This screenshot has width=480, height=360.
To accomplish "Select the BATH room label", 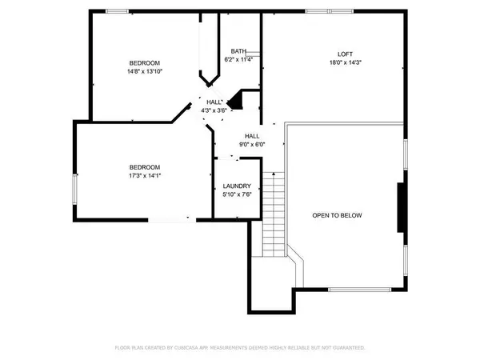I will pyautogui.click(x=238, y=50).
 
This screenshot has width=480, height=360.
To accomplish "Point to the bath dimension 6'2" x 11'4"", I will pyautogui.click(x=238, y=58).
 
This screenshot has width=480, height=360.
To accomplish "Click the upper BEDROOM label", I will pyautogui.click(x=145, y=63).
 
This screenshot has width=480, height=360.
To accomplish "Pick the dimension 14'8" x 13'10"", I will pyautogui.click(x=145, y=71).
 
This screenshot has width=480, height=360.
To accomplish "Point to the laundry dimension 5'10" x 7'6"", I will pyautogui.click(x=237, y=194).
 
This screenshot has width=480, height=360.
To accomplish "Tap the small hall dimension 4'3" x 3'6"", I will pyautogui.click(x=214, y=110).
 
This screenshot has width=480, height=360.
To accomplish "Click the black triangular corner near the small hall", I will pyautogui.click(x=235, y=102).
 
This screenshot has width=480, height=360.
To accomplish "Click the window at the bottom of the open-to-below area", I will pyautogui.click(x=354, y=290).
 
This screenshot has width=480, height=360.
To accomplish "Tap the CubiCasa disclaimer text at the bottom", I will pyautogui.click(x=239, y=348).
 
